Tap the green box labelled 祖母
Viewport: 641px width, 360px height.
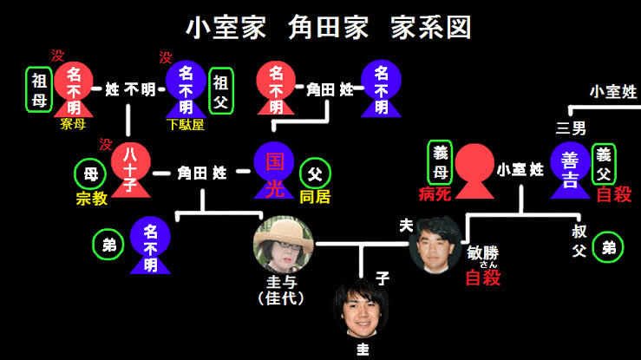point(38,88)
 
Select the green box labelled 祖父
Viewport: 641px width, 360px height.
point(222,88)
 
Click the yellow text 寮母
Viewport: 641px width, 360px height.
point(73,124)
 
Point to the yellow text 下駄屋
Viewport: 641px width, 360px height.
point(186,124)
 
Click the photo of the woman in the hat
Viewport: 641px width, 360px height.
point(284,245)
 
